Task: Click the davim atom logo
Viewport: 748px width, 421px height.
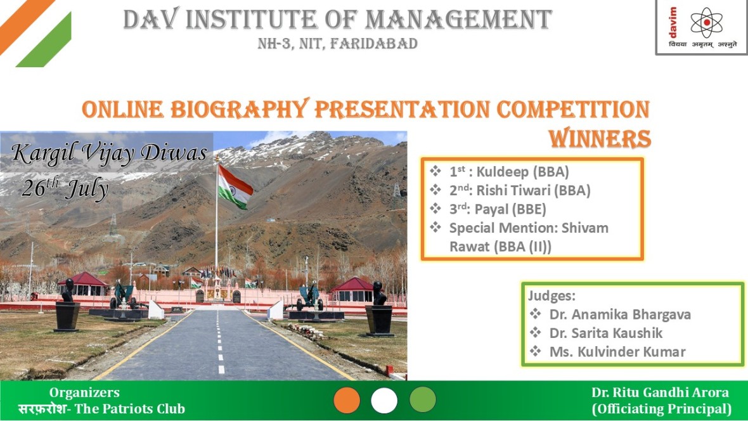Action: [x=706, y=22]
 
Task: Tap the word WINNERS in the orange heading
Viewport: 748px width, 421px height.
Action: [x=600, y=139]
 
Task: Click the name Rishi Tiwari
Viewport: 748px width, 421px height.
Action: [x=513, y=190]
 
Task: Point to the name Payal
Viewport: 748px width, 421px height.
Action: [x=491, y=209]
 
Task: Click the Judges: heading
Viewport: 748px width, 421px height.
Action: [x=551, y=296]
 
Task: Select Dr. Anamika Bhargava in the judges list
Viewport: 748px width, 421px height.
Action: [x=620, y=314]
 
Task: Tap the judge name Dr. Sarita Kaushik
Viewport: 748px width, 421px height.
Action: [x=606, y=333]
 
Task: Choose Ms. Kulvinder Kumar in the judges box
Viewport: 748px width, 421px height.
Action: [x=617, y=352]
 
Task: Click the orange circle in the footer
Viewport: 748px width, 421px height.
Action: [x=347, y=400]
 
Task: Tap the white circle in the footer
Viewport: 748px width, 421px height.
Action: [x=384, y=400]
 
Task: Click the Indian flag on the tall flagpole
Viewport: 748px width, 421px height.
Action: [x=235, y=186]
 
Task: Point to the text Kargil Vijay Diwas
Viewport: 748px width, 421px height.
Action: [x=109, y=153]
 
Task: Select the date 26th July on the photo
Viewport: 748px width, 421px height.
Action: [x=65, y=188]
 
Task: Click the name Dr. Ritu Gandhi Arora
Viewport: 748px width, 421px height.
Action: [x=661, y=392]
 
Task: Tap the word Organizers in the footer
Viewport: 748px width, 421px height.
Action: [x=84, y=392]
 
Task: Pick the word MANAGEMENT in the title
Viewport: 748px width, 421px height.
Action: [x=458, y=20]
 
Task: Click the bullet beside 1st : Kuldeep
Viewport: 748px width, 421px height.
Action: [x=435, y=171]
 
